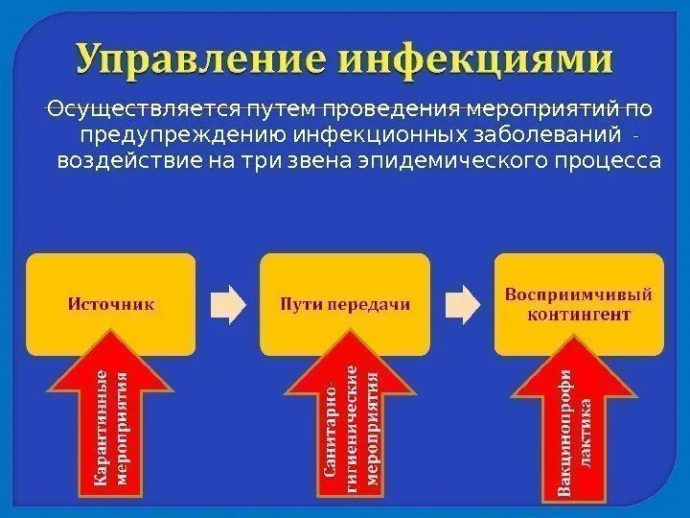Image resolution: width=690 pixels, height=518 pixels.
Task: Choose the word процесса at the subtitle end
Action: pyautogui.click(x=603, y=159)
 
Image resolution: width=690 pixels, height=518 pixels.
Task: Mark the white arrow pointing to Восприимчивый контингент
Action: pyautogui.click(x=462, y=303)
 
